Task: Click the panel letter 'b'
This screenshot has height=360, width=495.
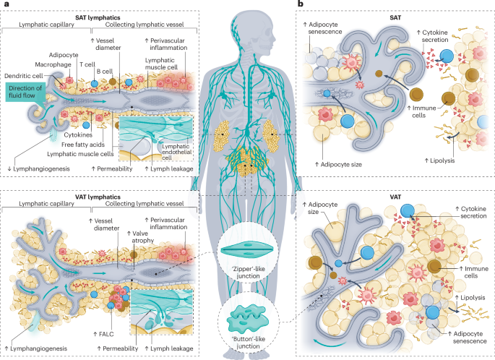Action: point(300,5)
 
